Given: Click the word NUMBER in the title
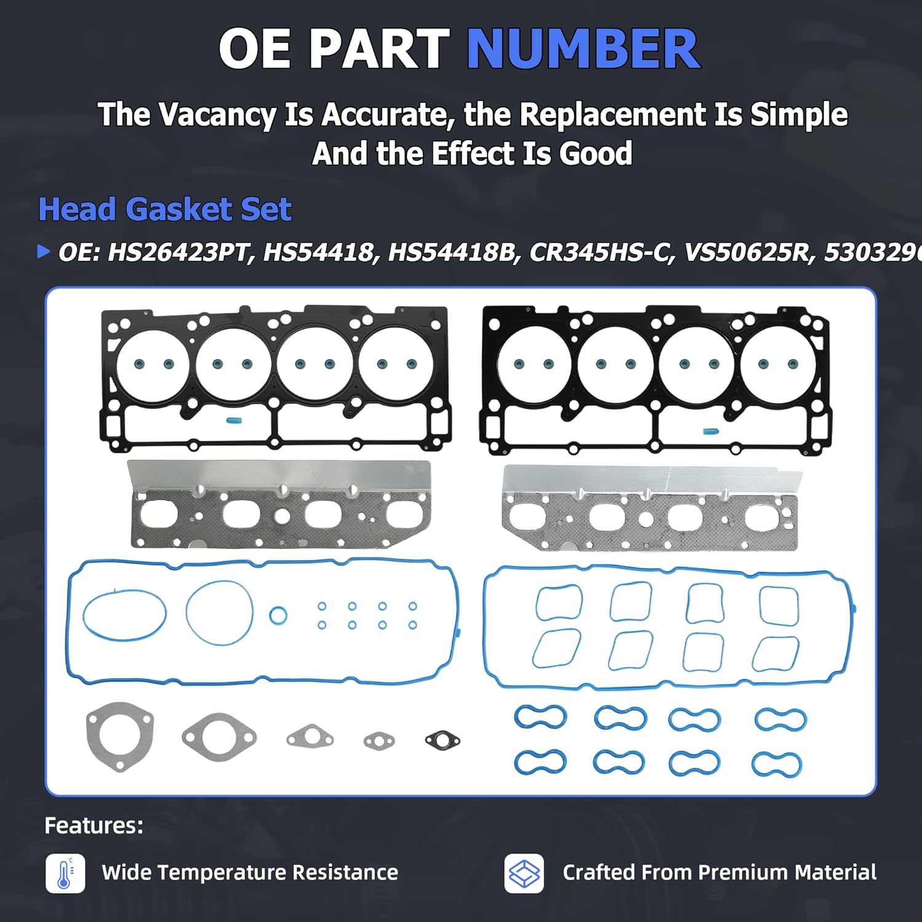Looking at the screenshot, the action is (583, 49).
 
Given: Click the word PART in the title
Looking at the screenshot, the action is (379, 49).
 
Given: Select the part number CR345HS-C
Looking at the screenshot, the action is (599, 253).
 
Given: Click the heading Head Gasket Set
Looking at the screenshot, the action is (165, 210).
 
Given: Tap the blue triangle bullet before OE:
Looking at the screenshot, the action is (44, 251).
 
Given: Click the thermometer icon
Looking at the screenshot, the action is (65, 873).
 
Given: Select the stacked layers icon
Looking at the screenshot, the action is (524, 873).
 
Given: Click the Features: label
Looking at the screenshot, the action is (93, 825).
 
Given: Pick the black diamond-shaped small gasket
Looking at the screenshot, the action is (443, 741).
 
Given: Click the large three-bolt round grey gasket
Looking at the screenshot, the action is (120, 736).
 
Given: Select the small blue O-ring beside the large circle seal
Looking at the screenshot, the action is (278, 615).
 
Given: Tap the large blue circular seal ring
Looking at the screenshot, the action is (219, 613).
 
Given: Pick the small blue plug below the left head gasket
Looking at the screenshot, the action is (234, 421).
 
